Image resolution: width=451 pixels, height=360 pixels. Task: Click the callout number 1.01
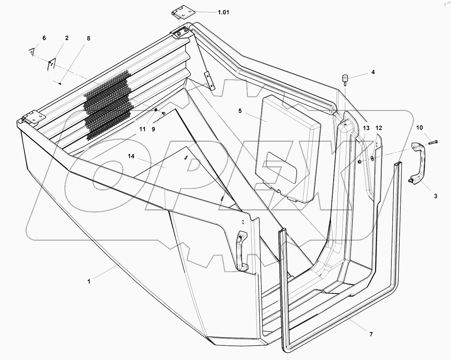pos(223,12)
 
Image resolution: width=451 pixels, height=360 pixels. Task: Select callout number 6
pos(44,38)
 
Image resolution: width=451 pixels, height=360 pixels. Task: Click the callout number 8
pos(88,38)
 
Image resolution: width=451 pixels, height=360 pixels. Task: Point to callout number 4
pos(373,72)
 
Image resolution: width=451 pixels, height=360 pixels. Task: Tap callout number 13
pos(366,128)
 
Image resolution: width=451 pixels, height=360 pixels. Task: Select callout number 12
pos(379,128)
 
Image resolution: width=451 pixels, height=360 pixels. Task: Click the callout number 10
pos(419,128)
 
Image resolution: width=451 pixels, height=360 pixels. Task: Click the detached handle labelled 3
pos(418,163)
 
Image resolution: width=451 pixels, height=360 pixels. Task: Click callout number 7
pos(371,334)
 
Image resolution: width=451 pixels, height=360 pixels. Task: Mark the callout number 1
pos(89,282)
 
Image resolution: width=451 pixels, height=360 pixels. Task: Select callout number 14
pos(131,157)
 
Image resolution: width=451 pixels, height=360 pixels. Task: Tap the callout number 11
pos(142,129)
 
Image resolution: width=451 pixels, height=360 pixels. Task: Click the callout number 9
pos(153,129)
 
